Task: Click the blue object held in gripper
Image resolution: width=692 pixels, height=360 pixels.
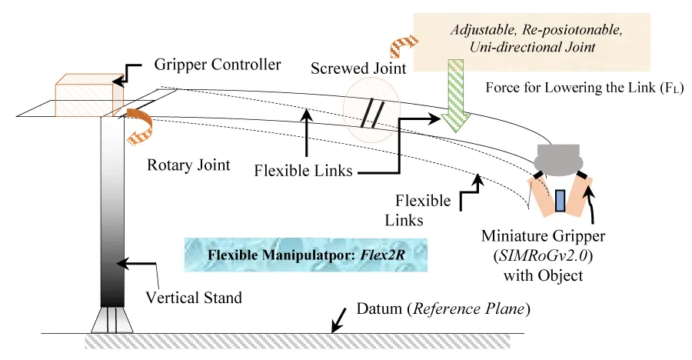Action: [560, 200]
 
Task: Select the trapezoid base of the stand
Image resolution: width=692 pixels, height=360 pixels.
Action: [111, 320]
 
